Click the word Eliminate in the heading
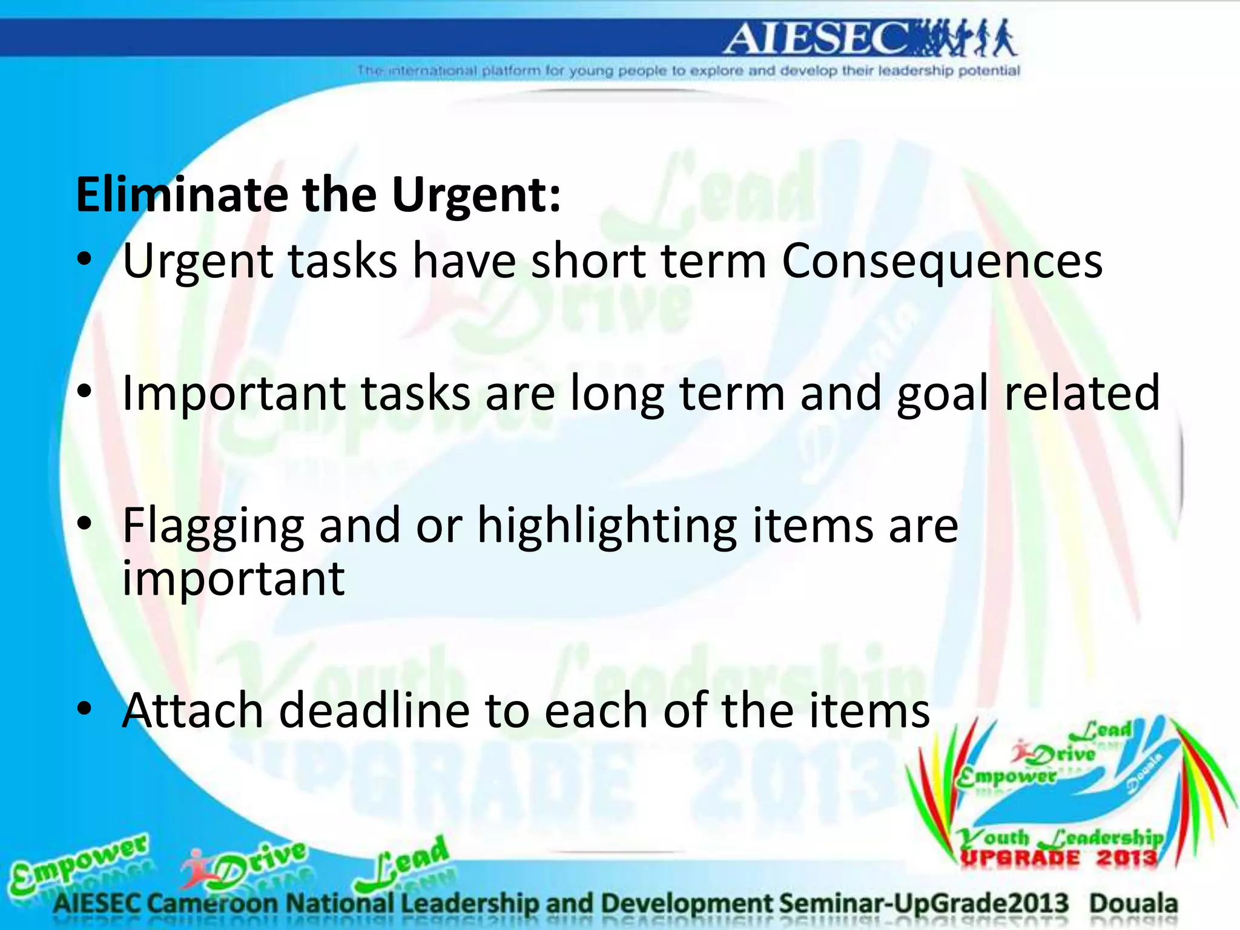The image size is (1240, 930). pos(182,195)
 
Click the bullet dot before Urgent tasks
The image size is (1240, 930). pos(85,260)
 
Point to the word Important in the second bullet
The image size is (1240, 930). pos(234,394)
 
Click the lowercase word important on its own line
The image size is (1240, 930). pos(234,579)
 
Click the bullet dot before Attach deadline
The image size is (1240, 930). pos(85,708)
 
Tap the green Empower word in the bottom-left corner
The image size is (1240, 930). pos(79,863)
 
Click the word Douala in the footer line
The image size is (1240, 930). pos(1133,903)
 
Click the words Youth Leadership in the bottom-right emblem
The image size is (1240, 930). pos(1060,838)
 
